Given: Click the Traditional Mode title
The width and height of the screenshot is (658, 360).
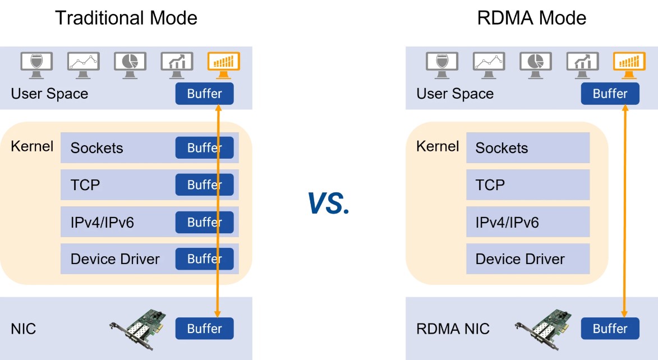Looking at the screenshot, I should click(x=126, y=18).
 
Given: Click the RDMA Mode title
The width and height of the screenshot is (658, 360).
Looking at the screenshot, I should click(x=531, y=18).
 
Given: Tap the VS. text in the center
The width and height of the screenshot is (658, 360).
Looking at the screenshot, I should click(x=329, y=203).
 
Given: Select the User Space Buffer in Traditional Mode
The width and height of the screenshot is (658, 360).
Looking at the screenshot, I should click(x=204, y=94).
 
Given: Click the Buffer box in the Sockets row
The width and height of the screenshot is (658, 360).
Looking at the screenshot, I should click(x=204, y=147).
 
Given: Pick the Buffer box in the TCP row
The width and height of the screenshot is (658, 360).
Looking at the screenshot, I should click(x=204, y=184).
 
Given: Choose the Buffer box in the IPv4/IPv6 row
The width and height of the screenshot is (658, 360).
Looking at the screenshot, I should click(x=204, y=222).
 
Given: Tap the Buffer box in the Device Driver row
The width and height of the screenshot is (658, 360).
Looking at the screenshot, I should click(x=204, y=259).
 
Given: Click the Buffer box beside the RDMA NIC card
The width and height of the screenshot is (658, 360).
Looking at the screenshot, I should click(x=610, y=329).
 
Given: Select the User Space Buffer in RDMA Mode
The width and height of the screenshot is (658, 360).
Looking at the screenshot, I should click(x=610, y=94).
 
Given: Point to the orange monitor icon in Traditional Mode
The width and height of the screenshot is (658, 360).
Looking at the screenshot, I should click(x=223, y=64).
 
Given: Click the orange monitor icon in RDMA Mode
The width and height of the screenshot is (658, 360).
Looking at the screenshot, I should click(x=629, y=64).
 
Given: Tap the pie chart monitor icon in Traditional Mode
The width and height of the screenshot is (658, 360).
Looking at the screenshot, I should click(x=130, y=64).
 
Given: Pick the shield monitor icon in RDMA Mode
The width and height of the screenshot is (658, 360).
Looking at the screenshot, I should click(x=442, y=64).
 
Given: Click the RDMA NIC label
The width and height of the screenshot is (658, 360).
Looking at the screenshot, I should click(x=453, y=329).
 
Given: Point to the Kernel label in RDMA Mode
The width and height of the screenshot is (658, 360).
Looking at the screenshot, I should click(x=438, y=146).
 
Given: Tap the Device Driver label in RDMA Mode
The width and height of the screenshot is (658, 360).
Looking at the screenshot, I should click(x=520, y=259).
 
